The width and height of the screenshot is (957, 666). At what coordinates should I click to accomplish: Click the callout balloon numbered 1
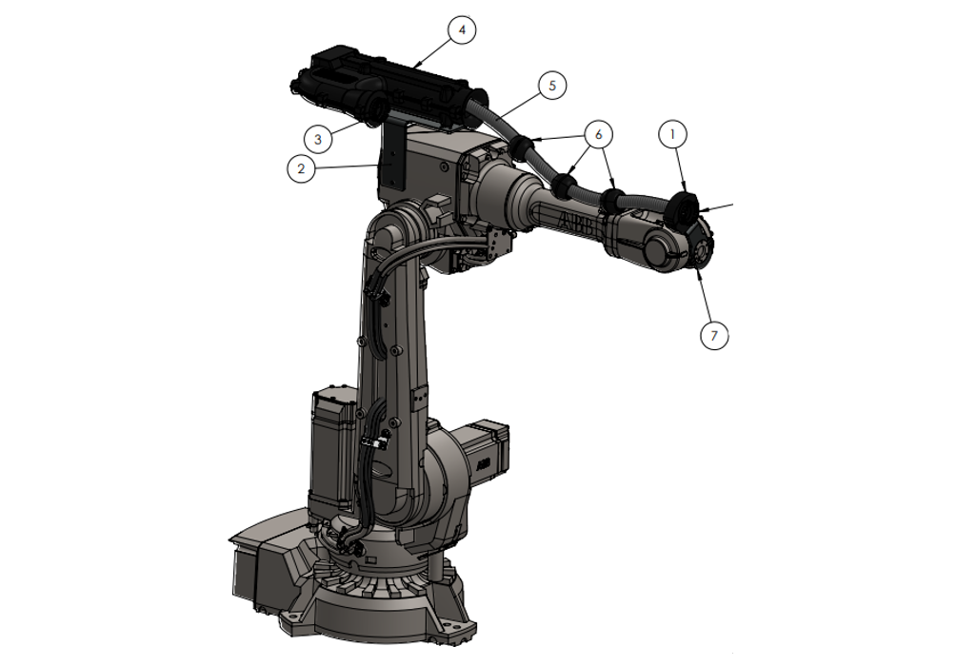(673, 135)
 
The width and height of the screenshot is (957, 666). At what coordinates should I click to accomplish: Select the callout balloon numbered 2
(302, 169)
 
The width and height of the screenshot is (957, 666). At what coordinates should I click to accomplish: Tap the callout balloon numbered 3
(319, 138)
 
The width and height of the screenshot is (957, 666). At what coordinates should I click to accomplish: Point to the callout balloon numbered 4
(462, 30)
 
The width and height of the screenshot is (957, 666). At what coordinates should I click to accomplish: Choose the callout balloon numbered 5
(552, 85)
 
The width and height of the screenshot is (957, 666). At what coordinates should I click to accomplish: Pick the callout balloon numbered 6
(599, 135)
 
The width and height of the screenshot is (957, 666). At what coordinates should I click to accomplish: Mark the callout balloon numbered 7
(714, 335)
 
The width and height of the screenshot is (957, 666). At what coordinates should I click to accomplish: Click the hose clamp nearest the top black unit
(521, 147)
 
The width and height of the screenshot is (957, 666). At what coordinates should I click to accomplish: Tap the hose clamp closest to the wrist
(611, 200)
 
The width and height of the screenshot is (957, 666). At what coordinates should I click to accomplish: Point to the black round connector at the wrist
(684, 207)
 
